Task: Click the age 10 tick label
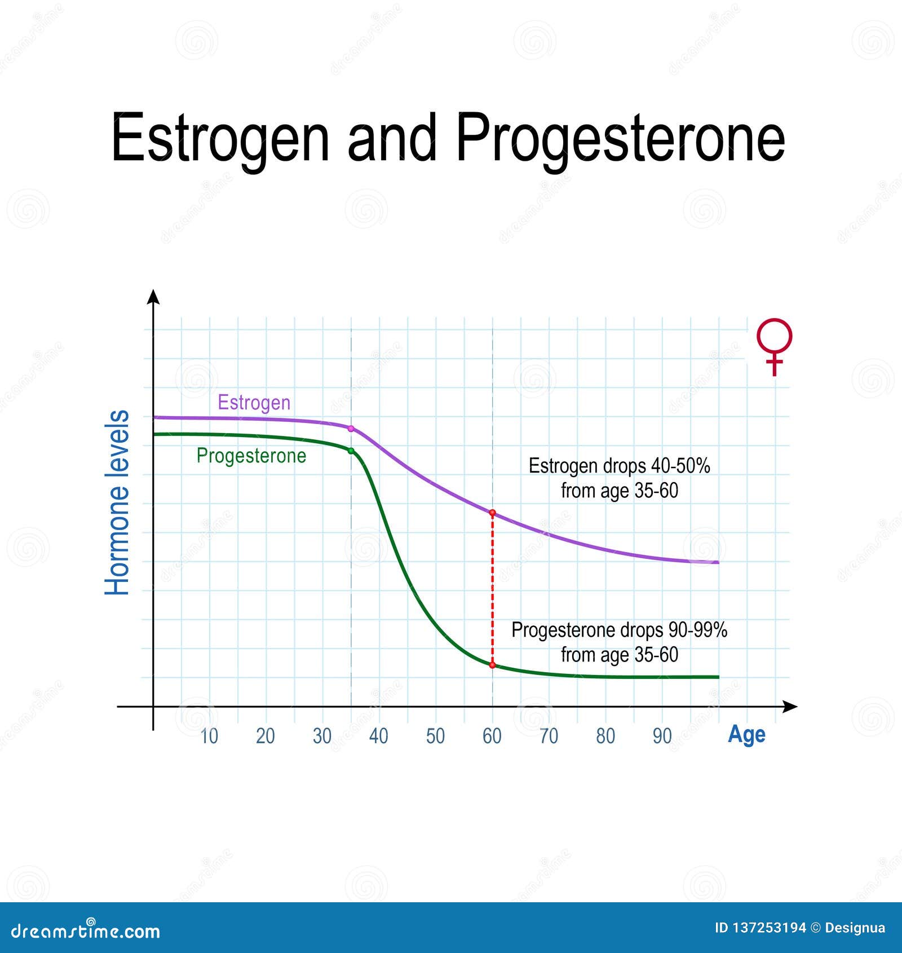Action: (209, 736)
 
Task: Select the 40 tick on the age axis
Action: (379, 736)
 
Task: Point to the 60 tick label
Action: (492, 736)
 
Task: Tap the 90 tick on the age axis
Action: (662, 736)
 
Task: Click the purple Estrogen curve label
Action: (254, 403)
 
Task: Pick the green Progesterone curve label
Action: (251, 456)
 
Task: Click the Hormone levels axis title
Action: (117, 502)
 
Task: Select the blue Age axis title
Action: (746, 735)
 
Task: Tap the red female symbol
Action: (775, 346)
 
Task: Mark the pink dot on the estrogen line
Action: (351, 429)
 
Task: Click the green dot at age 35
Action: (351, 451)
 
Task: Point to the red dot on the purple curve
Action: (492, 513)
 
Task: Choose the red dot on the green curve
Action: (492, 665)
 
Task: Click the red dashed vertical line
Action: (492, 589)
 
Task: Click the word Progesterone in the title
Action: (620, 139)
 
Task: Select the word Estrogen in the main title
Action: (220, 139)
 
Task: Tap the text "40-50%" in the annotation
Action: (680, 466)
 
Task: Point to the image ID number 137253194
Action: (768, 928)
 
